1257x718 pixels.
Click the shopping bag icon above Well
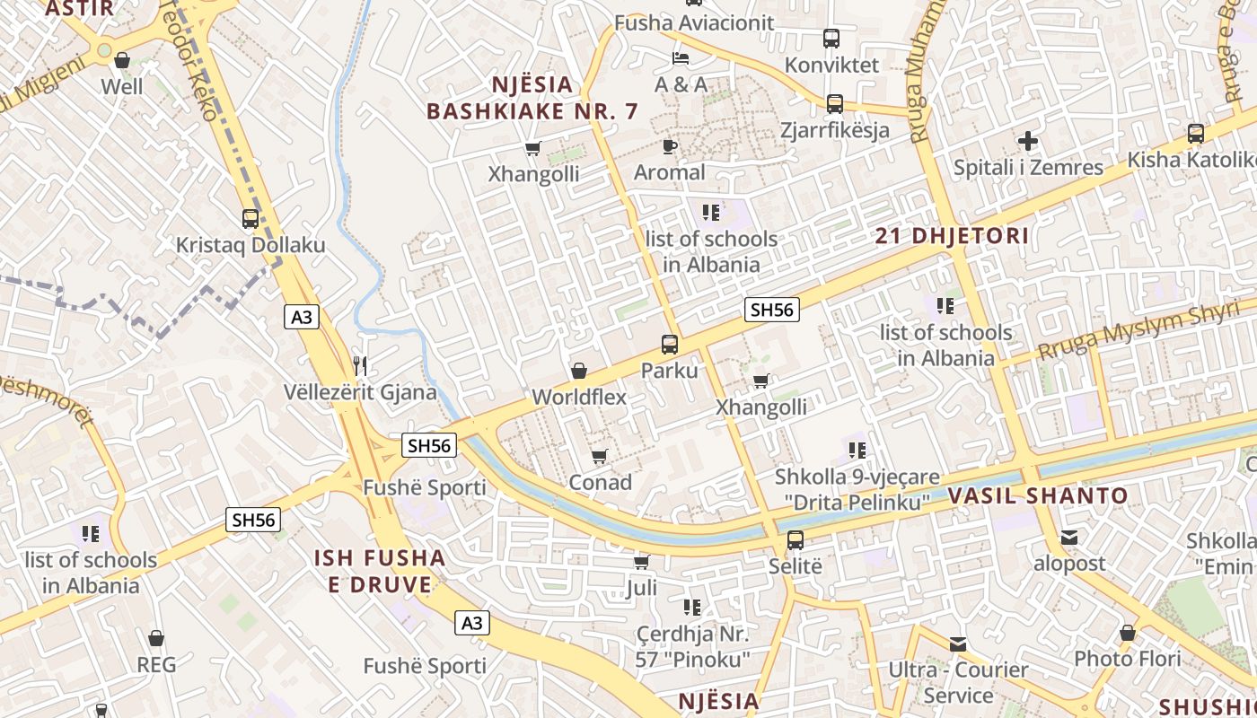coord(122,60)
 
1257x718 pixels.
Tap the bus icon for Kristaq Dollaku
coord(251,218)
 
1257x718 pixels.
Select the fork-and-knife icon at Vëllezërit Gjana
coord(360,365)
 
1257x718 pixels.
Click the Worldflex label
coord(579,397)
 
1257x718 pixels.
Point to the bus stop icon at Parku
coord(670,344)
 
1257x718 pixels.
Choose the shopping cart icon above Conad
coord(600,456)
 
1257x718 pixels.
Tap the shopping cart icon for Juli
coord(642,562)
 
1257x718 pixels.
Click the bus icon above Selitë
coord(796,540)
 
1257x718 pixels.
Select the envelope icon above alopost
coord(1069,538)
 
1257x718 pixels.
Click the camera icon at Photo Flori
coord(1128,633)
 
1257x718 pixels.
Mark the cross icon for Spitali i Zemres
coord(1028,141)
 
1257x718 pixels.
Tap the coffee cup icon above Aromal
coord(669,145)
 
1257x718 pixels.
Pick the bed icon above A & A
coord(681,58)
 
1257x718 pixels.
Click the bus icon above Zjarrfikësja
coord(835,103)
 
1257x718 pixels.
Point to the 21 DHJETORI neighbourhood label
coord(952,236)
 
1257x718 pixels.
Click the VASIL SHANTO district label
coord(1038,495)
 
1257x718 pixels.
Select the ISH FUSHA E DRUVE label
coord(380,572)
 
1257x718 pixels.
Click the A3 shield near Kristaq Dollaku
coord(303,316)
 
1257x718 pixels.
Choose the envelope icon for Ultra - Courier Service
coord(958,644)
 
